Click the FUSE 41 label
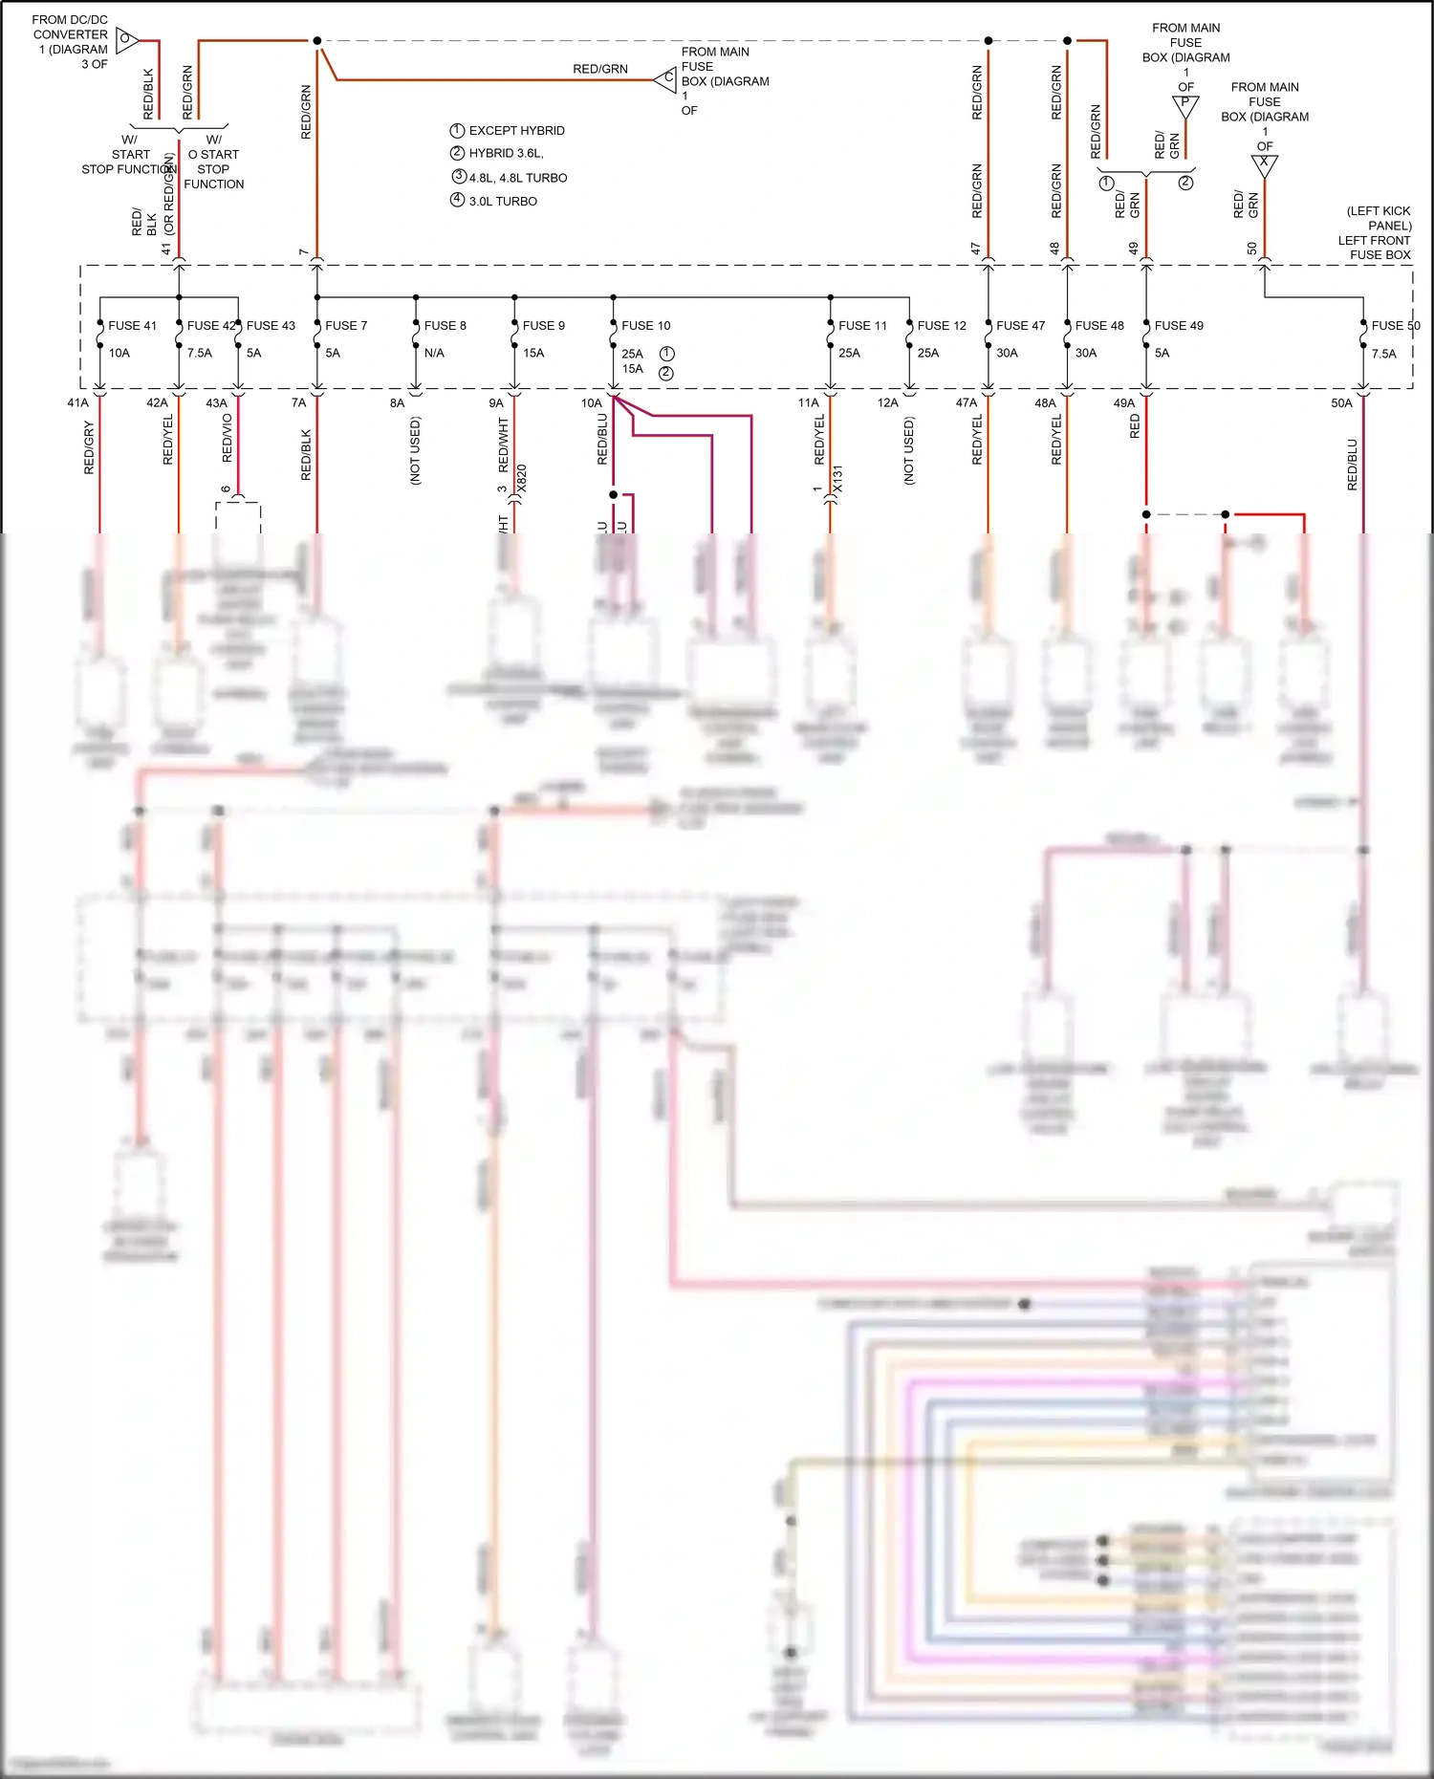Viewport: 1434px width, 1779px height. point(132,326)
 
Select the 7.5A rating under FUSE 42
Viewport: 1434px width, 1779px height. point(200,353)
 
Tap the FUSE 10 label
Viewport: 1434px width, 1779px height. point(645,326)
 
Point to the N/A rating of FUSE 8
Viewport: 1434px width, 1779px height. point(434,353)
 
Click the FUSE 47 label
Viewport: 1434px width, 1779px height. point(1020,326)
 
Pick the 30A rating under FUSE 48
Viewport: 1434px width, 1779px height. point(1086,353)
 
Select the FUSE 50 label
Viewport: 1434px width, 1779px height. point(1395,326)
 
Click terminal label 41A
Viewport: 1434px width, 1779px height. point(77,403)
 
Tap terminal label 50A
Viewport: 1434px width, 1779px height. point(1341,403)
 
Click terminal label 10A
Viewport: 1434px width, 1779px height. point(592,403)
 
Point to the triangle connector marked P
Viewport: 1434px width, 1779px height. point(1185,105)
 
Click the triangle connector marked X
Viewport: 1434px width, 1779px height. point(1264,164)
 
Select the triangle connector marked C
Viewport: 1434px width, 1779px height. point(666,79)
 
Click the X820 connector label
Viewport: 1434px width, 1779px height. point(522,478)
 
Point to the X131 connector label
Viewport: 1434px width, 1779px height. point(837,478)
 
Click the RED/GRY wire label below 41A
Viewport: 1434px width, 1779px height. point(89,447)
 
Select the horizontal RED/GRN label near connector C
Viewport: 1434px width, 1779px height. point(600,69)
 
